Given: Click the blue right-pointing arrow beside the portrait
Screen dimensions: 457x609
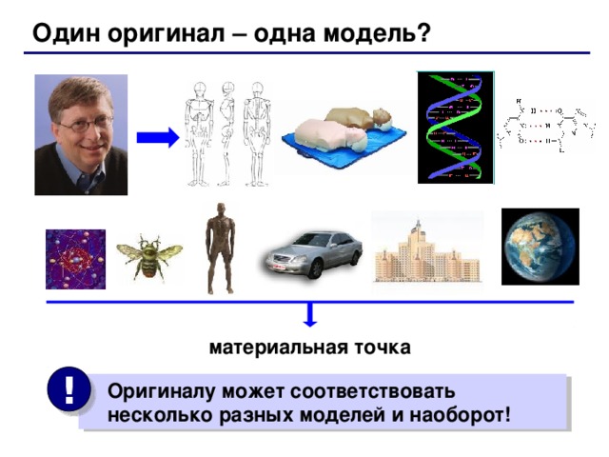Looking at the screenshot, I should [157, 138].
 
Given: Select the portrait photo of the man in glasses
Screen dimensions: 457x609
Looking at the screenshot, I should [81, 134].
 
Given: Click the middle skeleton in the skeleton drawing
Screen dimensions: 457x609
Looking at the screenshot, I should [227, 132].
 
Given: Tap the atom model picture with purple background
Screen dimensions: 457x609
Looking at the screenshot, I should [75, 259].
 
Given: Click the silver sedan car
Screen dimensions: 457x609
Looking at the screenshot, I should [313, 253].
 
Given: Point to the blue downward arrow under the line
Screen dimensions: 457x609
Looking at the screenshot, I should [311, 317].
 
